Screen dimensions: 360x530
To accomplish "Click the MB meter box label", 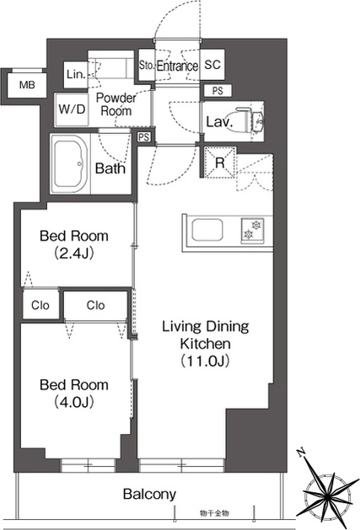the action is [x=27, y=84].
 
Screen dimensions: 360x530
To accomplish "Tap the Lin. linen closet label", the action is [x=75, y=74].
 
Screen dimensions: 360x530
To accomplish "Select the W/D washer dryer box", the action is [x=72, y=110].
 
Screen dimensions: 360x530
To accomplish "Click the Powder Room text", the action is [x=116, y=104].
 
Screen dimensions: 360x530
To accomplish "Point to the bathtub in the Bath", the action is [x=71, y=164].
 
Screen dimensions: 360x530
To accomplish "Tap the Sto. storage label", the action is [x=146, y=65].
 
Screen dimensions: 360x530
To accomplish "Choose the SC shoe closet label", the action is [x=212, y=64].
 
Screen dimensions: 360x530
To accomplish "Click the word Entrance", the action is [x=177, y=66].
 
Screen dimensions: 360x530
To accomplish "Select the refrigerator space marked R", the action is [x=220, y=163].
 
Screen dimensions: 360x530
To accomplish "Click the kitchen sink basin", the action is [x=207, y=230].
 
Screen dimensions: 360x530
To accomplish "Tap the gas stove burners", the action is [x=252, y=230].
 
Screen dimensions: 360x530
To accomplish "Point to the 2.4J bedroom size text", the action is [x=73, y=253].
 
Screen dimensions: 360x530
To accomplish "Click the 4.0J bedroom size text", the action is [x=73, y=402].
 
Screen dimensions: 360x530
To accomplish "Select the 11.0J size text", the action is [x=206, y=361].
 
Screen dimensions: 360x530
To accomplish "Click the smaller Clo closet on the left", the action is [x=40, y=305].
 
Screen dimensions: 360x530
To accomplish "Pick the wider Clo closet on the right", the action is [x=95, y=305].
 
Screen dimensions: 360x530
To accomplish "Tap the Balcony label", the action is [x=149, y=494].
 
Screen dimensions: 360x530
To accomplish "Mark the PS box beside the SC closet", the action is [x=218, y=91].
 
